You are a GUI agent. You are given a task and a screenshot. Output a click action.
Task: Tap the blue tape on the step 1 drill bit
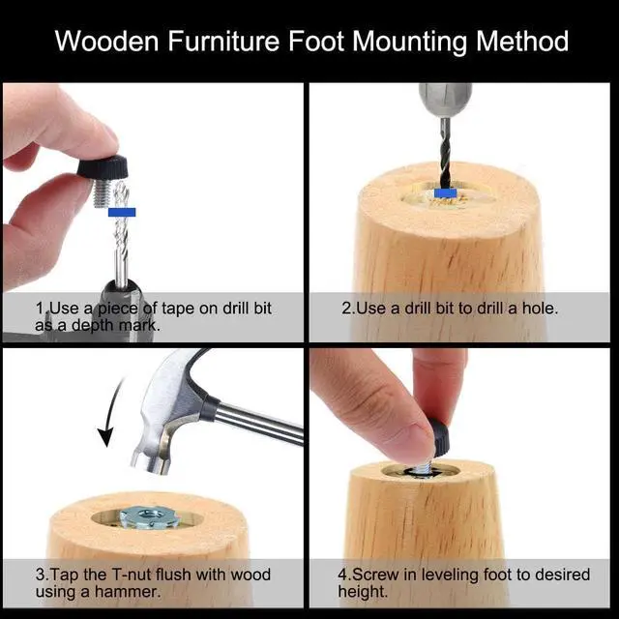tap(122, 211)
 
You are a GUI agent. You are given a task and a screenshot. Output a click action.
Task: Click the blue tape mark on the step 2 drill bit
tap(445, 192)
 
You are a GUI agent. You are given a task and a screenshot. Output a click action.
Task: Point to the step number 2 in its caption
tap(346, 308)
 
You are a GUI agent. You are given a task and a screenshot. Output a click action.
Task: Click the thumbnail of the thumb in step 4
tap(425, 441)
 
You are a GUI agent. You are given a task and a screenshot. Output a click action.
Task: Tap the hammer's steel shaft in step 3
tap(261, 421)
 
